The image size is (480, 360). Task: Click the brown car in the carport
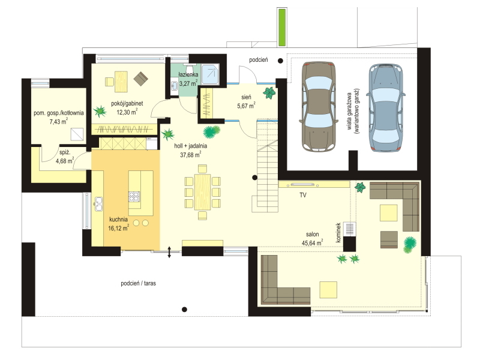click(319, 107)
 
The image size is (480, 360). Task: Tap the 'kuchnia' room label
click(118, 220)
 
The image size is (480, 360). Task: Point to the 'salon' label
click(312, 235)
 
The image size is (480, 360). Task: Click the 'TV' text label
click(303, 195)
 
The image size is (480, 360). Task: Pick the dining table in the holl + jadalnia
click(203, 192)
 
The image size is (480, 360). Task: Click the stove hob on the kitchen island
click(134, 197)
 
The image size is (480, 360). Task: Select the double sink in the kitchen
click(98, 204)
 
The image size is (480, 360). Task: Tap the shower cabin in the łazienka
click(211, 74)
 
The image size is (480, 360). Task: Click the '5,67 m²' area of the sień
click(246, 106)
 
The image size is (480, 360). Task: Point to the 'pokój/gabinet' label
click(127, 103)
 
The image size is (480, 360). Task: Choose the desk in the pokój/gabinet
click(121, 82)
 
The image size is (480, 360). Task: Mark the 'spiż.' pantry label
click(65, 152)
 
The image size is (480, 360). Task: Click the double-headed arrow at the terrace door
click(169, 252)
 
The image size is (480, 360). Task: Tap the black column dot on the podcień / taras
click(184, 310)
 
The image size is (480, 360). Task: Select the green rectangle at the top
click(281, 27)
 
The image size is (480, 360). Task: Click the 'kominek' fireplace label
click(338, 232)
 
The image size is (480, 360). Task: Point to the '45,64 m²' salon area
click(312, 243)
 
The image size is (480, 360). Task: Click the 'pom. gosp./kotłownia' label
click(58, 113)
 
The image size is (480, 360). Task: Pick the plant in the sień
click(269, 93)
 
